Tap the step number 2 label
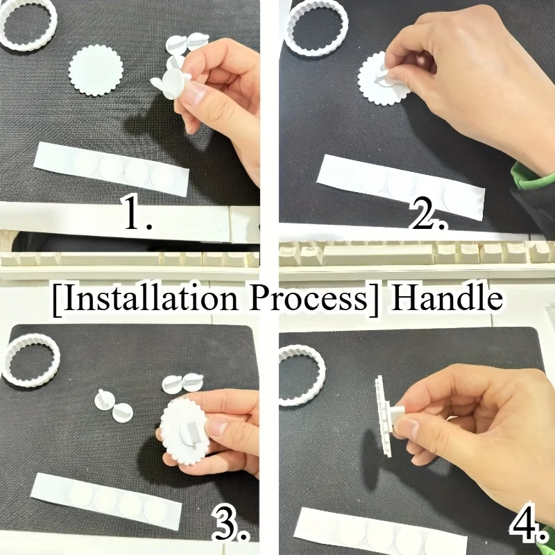click(x=427, y=212)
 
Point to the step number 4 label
click(x=528, y=523)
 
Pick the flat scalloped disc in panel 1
click(x=96, y=70)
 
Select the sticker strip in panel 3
click(x=106, y=500)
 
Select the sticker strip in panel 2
click(x=400, y=187)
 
